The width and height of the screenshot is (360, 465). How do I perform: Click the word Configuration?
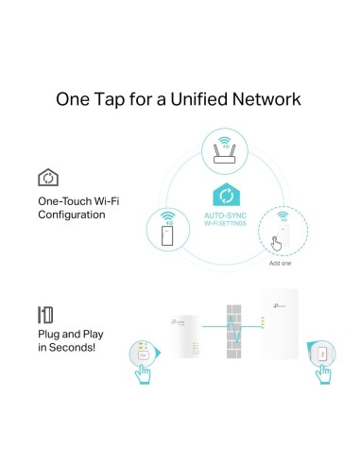[x=71, y=215]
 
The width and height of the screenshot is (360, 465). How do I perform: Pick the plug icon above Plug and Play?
[x=45, y=313]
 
